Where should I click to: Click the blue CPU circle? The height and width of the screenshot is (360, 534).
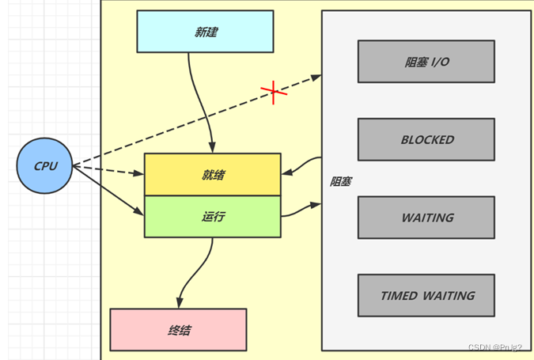point(44,165)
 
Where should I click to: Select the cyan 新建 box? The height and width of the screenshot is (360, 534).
point(205,32)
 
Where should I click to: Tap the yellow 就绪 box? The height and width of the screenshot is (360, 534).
point(212,174)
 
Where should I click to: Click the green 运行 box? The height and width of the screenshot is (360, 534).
point(212,216)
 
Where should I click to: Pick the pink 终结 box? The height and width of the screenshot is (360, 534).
point(178,329)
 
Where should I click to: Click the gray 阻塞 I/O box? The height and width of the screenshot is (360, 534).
point(426,62)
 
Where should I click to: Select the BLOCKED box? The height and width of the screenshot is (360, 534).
point(426,139)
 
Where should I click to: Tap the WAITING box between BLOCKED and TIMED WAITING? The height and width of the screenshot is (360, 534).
point(426,217)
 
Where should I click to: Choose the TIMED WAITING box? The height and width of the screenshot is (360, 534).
point(426,295)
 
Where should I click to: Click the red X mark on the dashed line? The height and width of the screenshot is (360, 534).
point(274,92)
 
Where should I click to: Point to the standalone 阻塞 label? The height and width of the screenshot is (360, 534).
point(340,181)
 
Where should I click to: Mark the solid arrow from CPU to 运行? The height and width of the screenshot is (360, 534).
point(108,190)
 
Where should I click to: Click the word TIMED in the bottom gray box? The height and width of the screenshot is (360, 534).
point(399,295)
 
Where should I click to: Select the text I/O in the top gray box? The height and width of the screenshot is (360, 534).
point(440,62)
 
